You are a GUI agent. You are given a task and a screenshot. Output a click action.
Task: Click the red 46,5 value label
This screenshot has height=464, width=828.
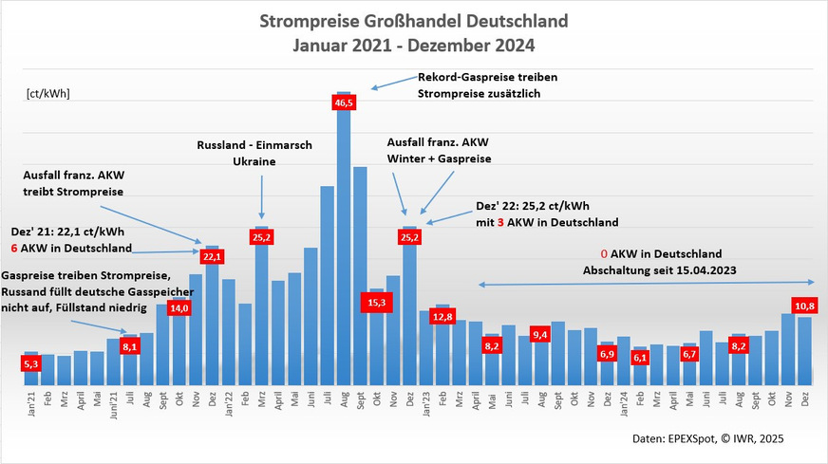[x=344, y=102]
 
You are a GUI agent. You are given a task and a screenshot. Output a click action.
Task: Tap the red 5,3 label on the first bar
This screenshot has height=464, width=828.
[x=31, y=362]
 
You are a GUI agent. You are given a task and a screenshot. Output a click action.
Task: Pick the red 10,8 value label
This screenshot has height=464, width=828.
[x=805, y=306]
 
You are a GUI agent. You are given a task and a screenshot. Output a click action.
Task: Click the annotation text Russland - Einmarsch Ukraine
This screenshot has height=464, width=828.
[x=254, y=154]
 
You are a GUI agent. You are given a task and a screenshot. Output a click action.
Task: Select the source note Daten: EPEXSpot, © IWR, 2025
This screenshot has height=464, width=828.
[x=708, y=438]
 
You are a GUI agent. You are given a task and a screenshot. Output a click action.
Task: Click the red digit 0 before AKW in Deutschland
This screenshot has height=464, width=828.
[x=604, y=254]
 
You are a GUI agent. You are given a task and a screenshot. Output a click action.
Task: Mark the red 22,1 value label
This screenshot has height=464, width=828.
[x=212, y=256]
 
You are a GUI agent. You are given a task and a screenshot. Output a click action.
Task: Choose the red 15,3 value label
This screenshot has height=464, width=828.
[x=376, y=302]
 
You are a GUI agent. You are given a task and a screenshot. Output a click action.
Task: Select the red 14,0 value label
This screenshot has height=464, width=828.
[x=179, y=308]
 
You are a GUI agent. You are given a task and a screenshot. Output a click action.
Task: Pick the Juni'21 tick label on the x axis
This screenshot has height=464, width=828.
[x=113, y=407]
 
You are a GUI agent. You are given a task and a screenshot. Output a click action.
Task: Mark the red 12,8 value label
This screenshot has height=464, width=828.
[x=442, y=315]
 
